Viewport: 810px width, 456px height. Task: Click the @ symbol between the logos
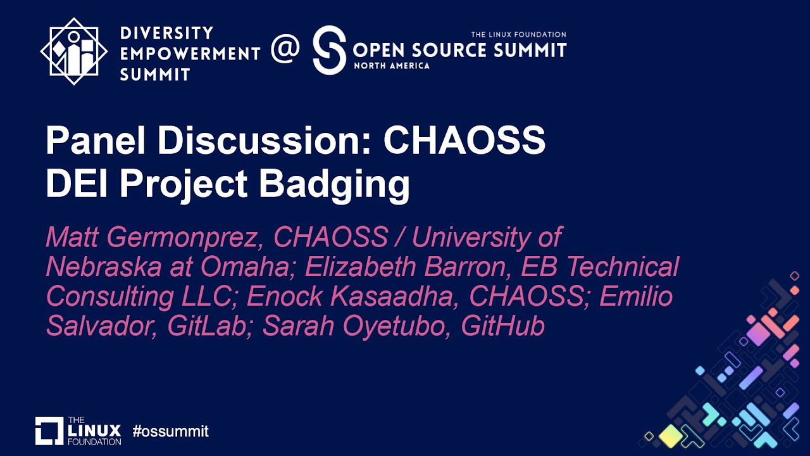click(285, 51)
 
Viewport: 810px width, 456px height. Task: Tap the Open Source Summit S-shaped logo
click(330, 51)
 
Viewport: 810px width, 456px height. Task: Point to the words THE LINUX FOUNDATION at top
click(518, 34)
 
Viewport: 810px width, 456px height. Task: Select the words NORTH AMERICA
click(392, 65)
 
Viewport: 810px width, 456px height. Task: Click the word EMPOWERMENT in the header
click(190, 54)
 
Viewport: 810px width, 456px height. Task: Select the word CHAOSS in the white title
click(464, 141)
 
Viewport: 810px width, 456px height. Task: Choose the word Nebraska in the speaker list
click(103, 267)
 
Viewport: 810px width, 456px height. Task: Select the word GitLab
click(209, 326)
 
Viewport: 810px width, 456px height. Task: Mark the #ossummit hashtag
click(170, 432)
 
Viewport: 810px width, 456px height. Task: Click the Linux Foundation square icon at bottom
click(49, 431)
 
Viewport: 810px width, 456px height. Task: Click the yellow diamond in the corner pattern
click(670, 435)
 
